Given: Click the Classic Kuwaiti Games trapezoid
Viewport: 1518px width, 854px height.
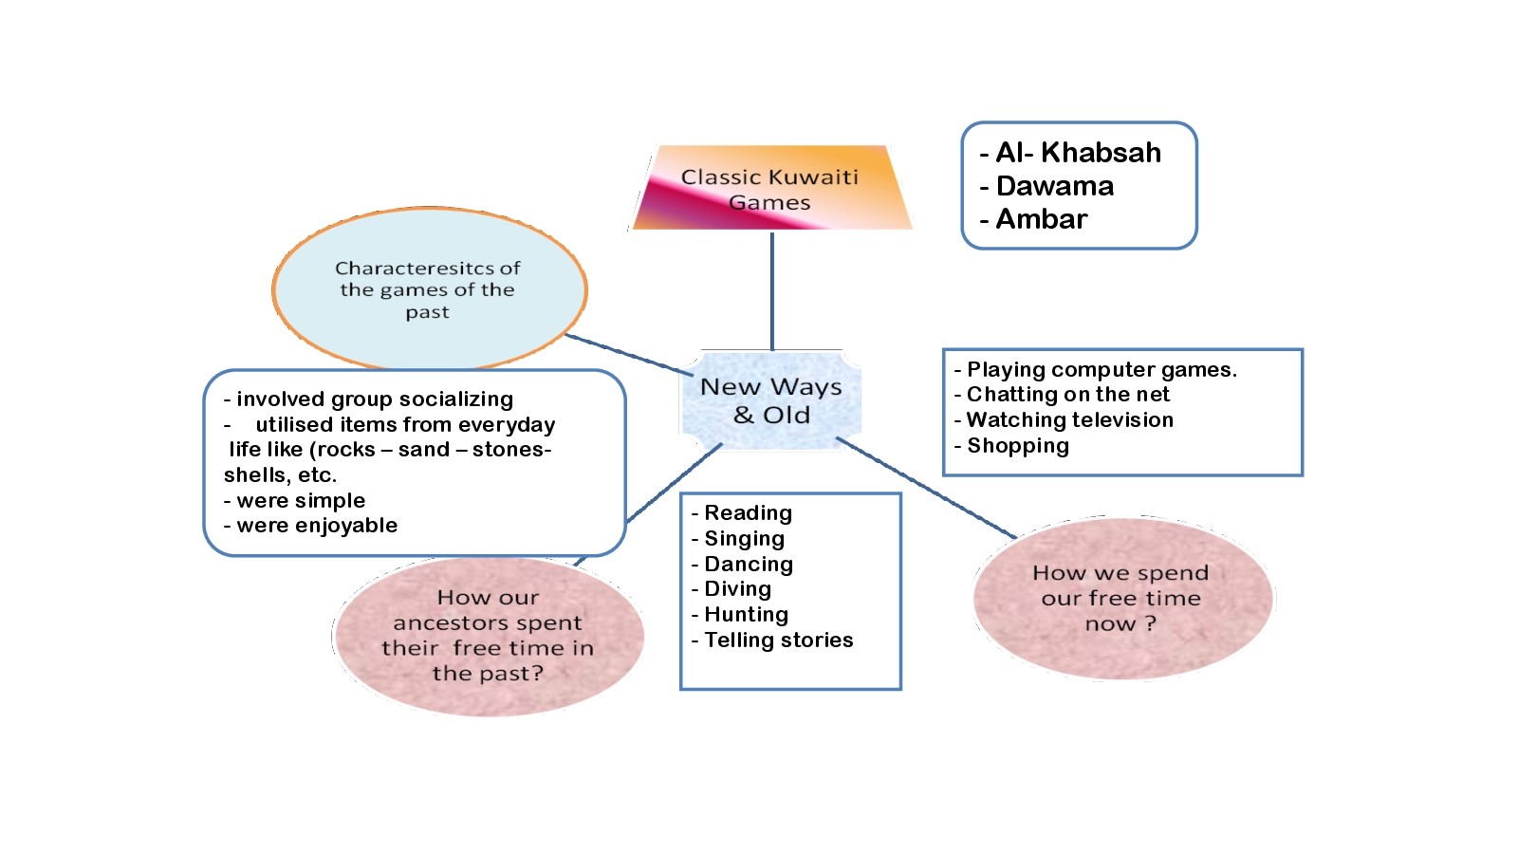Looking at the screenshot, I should tap(770, 189).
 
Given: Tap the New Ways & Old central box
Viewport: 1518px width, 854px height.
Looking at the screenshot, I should tap(771, 400).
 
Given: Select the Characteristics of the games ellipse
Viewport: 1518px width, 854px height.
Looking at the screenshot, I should tap(429, 289).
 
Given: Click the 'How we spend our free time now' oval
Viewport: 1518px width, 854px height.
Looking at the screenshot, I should tap(1121, 598).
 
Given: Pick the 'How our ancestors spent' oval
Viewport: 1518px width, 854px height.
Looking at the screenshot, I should tap(488, 636).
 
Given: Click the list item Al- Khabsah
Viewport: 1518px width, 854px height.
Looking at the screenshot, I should tap(1078, 153).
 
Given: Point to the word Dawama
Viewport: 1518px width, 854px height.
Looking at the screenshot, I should tap(1055, 186).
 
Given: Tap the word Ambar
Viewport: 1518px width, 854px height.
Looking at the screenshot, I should tap(1041, 219).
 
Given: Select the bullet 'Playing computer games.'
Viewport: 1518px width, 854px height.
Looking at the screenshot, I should tap(1101, 370).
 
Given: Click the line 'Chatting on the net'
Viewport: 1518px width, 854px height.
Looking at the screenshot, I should tap(1067, 395).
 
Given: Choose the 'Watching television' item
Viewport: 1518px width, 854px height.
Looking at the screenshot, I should tap(1069, 420).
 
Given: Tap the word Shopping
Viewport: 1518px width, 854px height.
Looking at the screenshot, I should tap(1017, 446).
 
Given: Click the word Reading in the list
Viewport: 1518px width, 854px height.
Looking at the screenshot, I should tap(748, 513).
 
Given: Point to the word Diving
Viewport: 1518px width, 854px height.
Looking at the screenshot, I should tap(737, 589).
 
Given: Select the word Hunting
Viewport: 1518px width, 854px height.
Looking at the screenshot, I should tap(746, 615).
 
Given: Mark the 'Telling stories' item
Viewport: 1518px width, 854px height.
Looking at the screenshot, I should tap(778, 640).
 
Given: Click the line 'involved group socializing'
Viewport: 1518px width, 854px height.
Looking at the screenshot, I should tap(375, 399).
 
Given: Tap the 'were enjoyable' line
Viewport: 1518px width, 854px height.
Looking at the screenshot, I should tap(317, 526).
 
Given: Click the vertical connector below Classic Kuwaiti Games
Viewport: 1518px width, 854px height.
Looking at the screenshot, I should tap(772, 290).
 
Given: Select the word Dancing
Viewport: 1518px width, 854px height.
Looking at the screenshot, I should tap(748, 565).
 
